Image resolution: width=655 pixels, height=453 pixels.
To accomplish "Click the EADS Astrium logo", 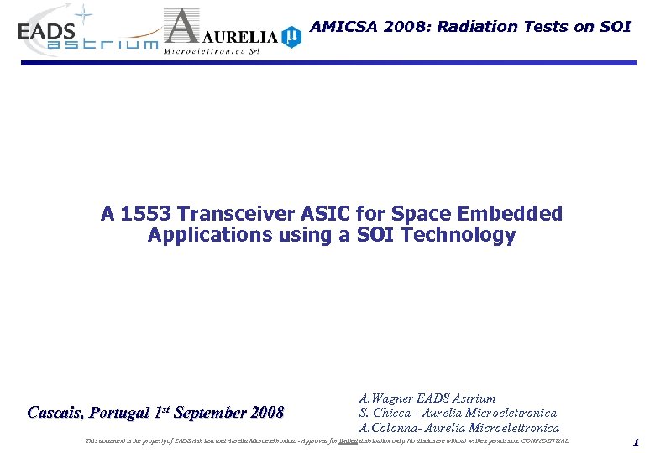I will [x=84, y=34].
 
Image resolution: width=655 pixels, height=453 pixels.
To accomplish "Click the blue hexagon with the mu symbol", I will [x=291, y=36].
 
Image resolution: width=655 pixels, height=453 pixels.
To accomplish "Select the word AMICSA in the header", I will [x=343, y=26].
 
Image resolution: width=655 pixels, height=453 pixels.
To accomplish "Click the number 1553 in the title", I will [x=144, y=214].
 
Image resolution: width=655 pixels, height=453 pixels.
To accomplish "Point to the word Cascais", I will [x=57, y=413].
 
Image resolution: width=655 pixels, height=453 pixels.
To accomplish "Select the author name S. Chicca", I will [x=387, y=413].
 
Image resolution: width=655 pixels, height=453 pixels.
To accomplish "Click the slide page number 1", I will [x=636, y=442].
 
